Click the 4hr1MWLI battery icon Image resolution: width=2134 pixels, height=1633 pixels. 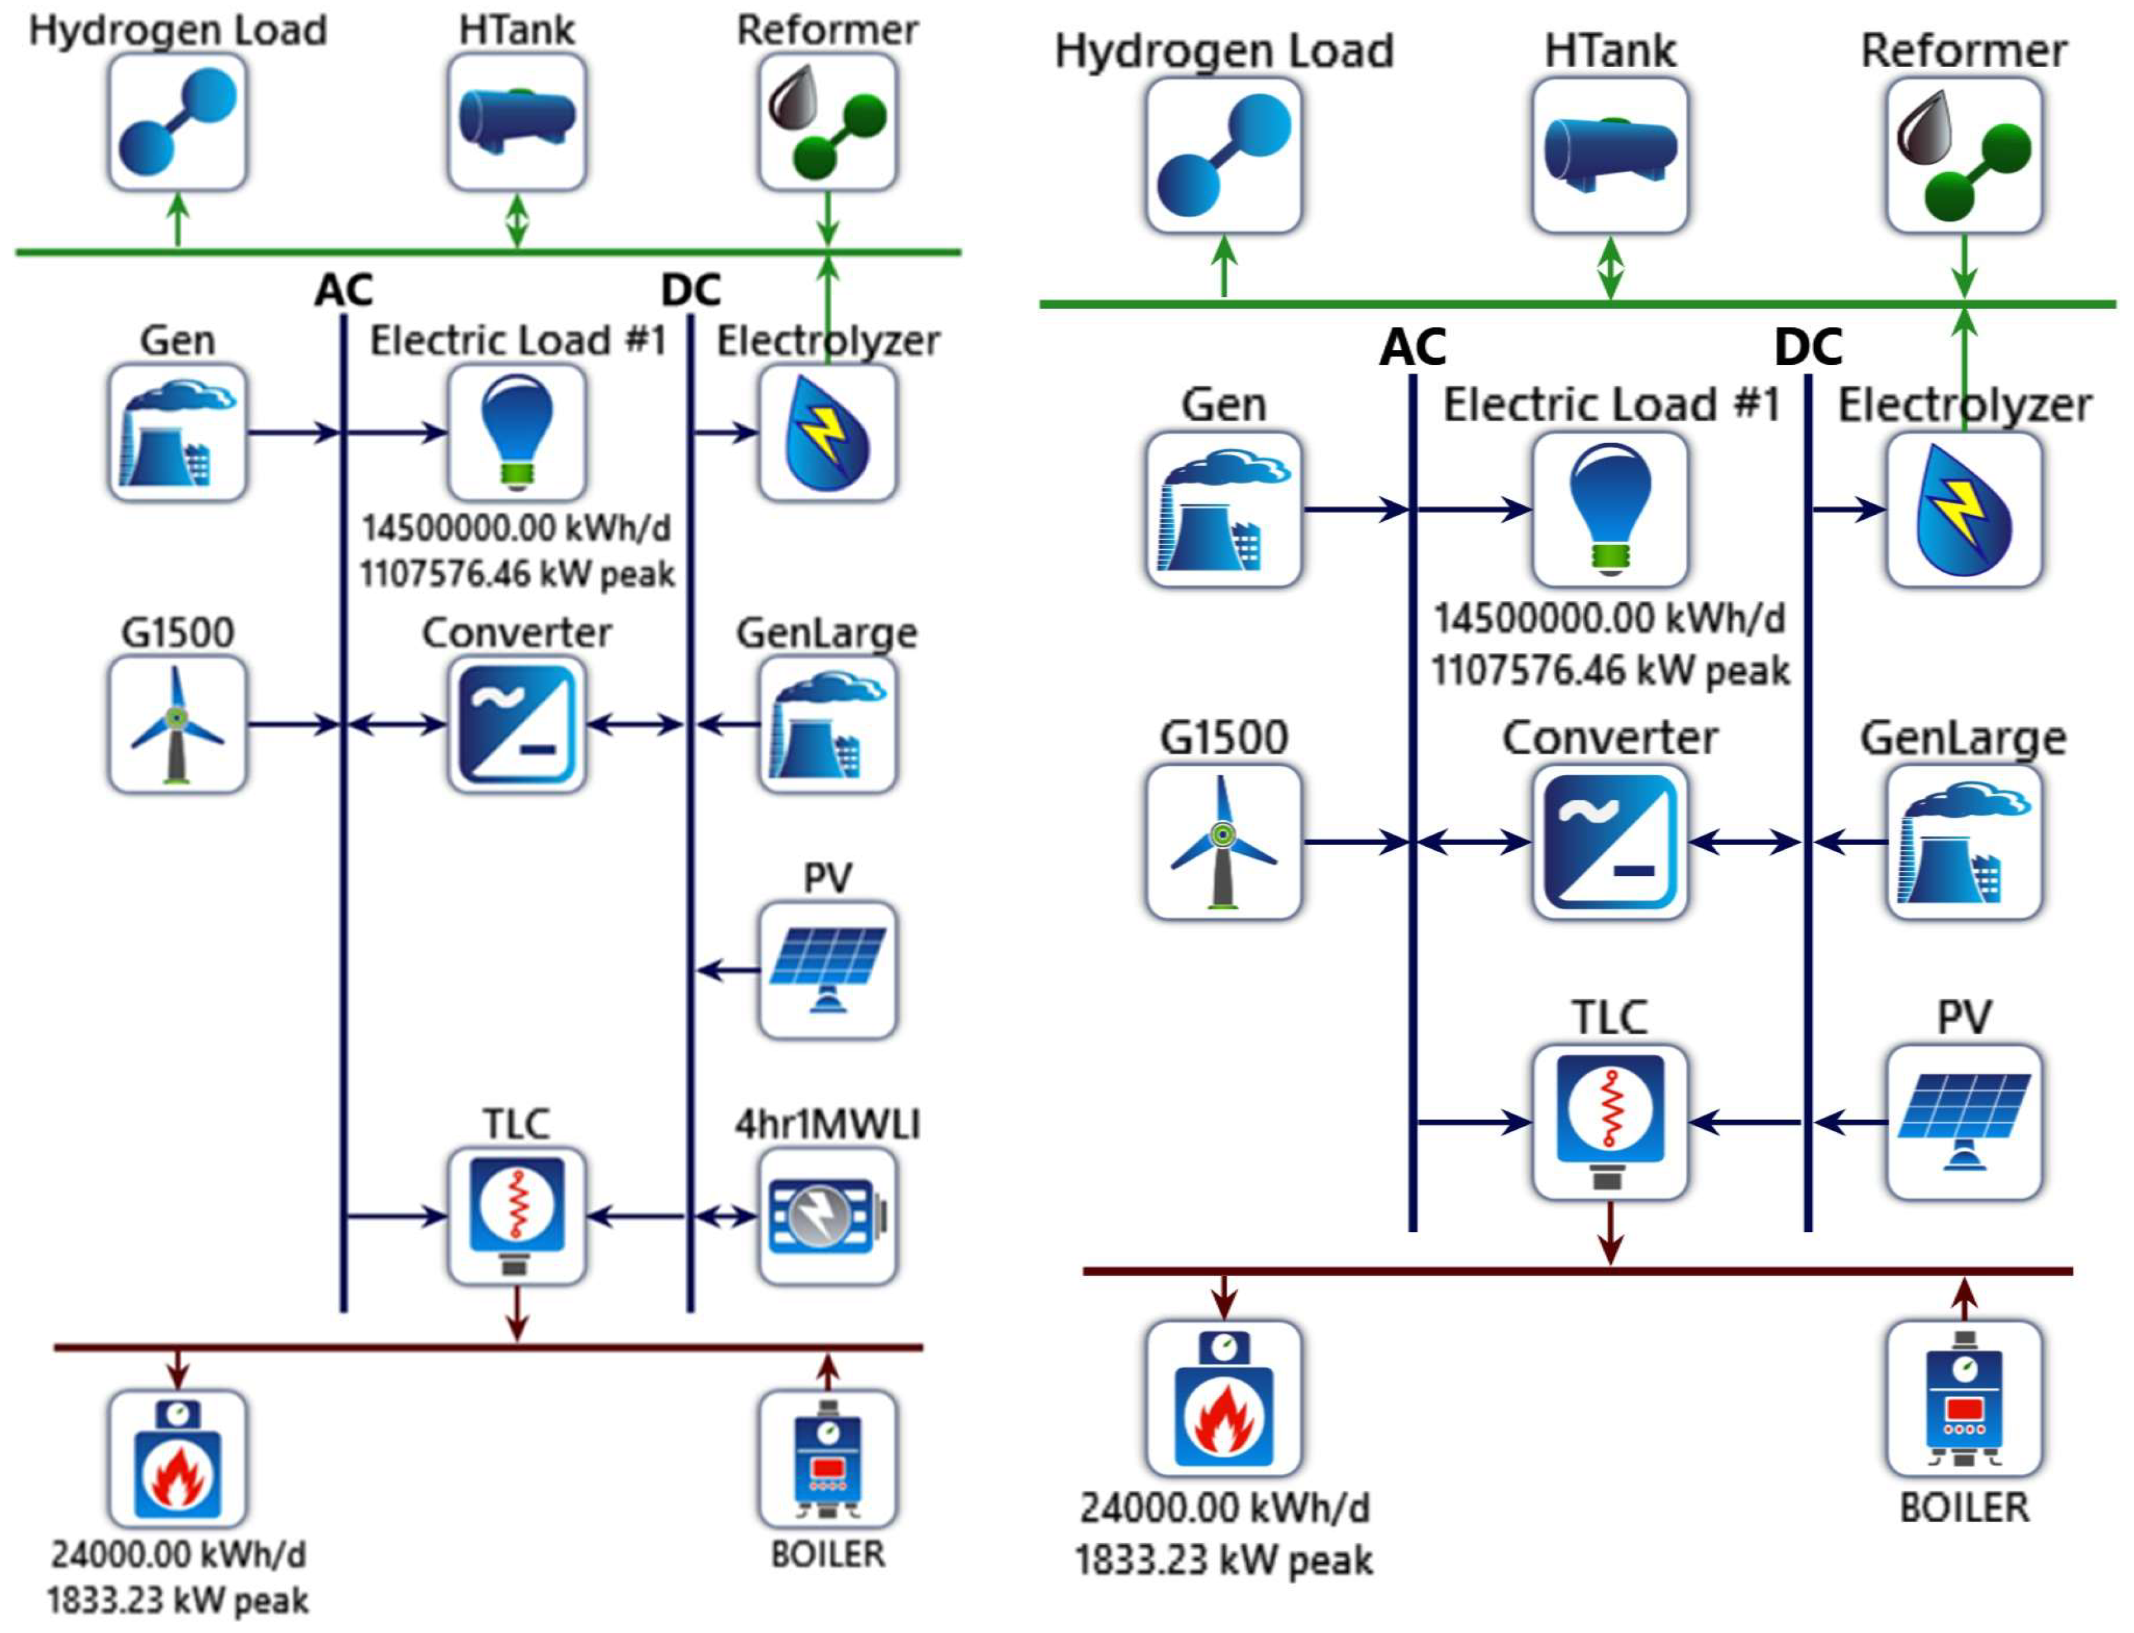[827, 1216]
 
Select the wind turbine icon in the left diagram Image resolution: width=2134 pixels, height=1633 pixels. [177, 724]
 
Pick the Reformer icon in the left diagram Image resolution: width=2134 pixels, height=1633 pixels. [827, 121]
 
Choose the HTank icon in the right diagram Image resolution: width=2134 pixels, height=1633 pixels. [1610, 155]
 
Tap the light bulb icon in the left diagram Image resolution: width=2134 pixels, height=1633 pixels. [517, 432]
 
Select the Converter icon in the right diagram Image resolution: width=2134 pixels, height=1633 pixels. [1610, 842]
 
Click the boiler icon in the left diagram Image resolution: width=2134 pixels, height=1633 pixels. [827, 1458]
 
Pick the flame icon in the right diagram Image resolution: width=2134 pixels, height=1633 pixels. [1224, 1398]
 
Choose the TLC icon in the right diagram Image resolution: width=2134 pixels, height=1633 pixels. [1610, 1123]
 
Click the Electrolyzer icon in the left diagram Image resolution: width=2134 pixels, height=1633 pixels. [827, 432]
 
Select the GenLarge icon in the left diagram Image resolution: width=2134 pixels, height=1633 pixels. [827, 724]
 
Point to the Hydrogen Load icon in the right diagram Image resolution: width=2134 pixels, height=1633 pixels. [1224, 155]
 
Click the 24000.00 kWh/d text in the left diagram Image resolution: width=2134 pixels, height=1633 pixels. [178, 1554]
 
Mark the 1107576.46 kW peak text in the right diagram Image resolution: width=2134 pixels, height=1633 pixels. [1610, 670]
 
